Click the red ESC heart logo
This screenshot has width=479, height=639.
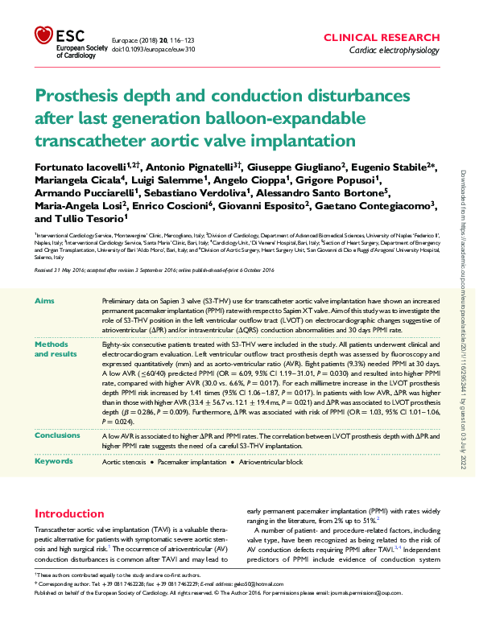click(x=43, y=35)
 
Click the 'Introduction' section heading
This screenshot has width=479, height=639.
click(x=69, y=513)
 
